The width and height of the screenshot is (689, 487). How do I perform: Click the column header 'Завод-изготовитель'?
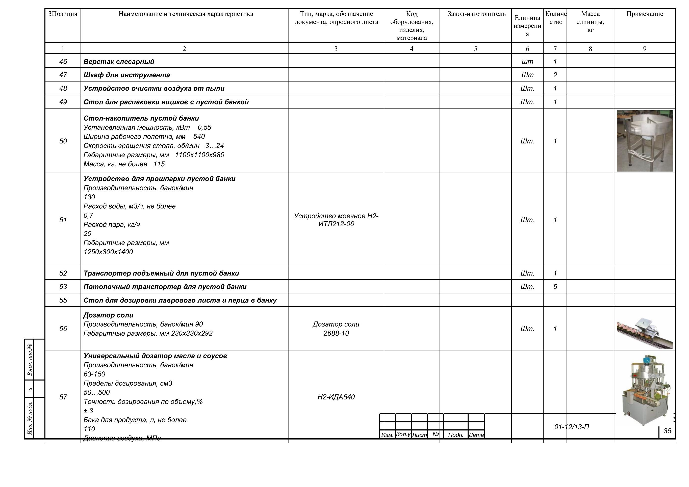click(x=476, y=14)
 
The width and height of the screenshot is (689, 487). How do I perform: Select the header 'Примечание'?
click(x=645, y=14)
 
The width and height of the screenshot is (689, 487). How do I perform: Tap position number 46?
click(x=63, y=62)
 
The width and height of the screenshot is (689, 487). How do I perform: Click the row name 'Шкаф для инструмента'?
click(x=127, y=75)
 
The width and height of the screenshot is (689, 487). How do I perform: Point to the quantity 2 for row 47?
click(x=555, y=75)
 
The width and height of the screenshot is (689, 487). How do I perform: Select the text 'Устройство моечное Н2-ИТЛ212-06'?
click(x=336, y=220)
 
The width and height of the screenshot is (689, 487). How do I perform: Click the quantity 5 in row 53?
click(x=555, y=287)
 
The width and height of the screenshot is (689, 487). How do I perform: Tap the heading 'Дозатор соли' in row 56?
click(x=108, y=315)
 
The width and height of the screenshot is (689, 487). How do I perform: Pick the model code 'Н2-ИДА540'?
click(x=336, y=397)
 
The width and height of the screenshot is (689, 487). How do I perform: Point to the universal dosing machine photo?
click(x=645, y=390)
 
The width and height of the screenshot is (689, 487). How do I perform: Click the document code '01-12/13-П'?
click(x=572, y=427)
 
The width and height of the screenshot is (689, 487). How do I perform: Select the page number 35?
click(x=667, y=431)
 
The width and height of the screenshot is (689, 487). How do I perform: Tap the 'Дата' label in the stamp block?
click(x=476, y=435)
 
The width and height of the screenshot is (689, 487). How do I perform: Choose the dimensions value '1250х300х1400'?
click(x=108, y=252)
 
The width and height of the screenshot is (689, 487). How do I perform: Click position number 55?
click(x=63, y=300)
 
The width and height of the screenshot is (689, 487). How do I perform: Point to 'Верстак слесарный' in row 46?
click(x=119, y=62)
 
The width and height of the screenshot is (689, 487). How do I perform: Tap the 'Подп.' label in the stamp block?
click(x=455, y=435)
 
